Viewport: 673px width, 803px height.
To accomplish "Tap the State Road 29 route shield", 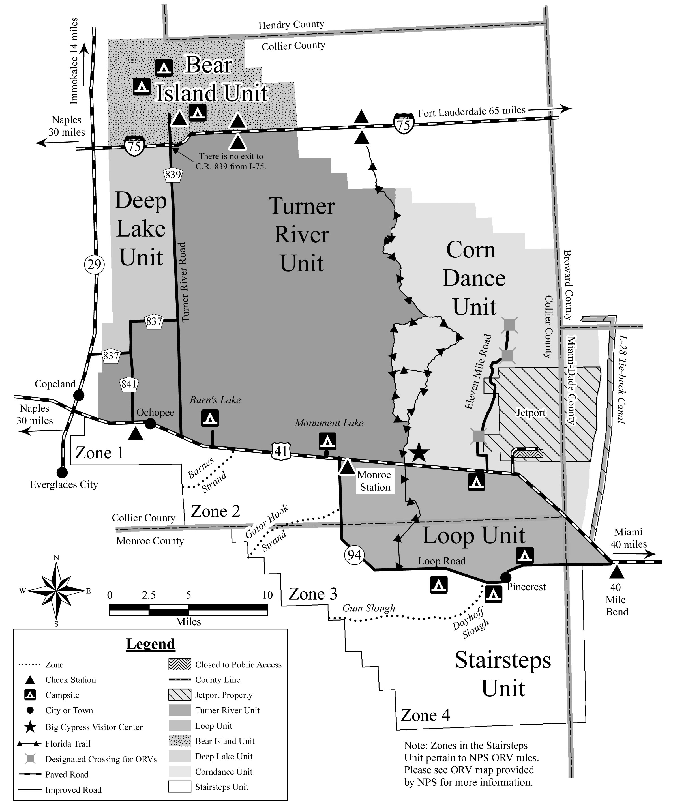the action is click(x=94, y=264).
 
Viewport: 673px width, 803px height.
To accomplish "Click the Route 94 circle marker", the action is click(x=355, y=555).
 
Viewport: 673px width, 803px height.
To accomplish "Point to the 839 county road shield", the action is click(x=173, y=175).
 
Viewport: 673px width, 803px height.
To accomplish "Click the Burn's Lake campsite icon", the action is click(x=210, y=418).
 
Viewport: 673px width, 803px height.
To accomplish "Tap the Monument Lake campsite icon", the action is click(x=328, y=441).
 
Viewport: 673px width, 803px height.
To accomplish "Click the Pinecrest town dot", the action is click(x=505, y=577).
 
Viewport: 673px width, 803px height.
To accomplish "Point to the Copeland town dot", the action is click(x=78, y=395).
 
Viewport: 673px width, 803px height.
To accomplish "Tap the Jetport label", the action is click(x=531, y=413).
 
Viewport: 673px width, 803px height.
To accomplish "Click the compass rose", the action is click(x=56, y=591).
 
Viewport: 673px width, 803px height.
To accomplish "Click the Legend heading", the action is click(x=150, y=643).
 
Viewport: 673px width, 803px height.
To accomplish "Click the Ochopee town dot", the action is click(x=150, y=424).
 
